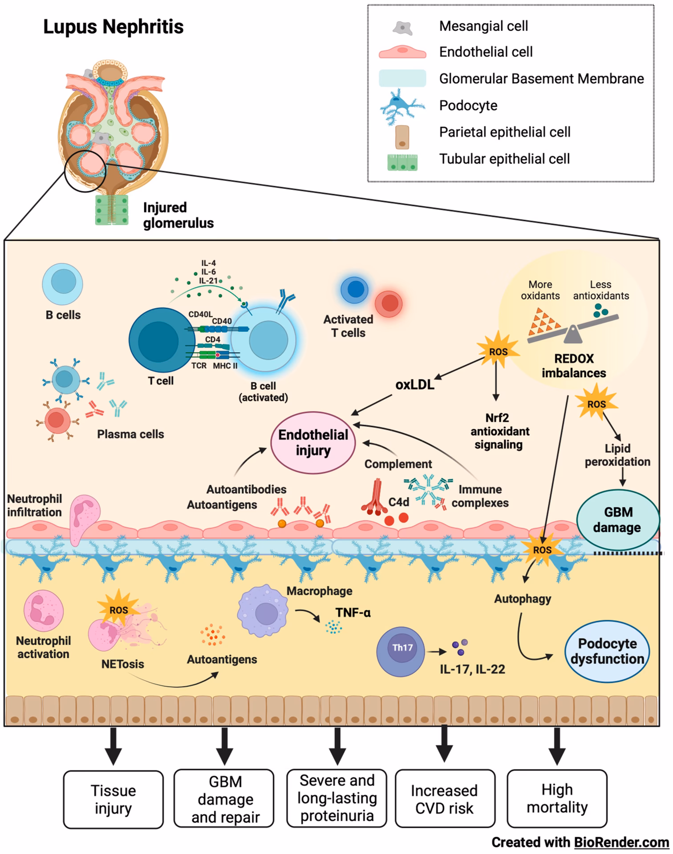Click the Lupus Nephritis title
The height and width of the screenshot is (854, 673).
pyautogui.click(x=113, y=27)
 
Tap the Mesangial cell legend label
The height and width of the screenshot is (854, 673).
pyautogui.click(x=483, y=26)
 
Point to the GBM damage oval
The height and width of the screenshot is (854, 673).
pyautogui.click(x=617, y=520)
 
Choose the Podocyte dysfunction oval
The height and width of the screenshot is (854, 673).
pyautogui.click(x=607, y=651)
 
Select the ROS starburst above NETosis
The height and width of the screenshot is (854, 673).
pyautogui.click(x=118, y=609)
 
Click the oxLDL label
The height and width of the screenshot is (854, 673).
pyautogui.click(x=414, y=385)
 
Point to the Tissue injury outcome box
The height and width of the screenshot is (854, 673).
pyautogui.click(x=113, y=799)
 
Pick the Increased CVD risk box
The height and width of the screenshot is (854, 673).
pyautogui.click(x=444, y=799)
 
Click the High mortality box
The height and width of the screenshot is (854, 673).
pyautogui.click(x=557, y=798)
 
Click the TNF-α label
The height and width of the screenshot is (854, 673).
pyautogui.click(x=353, y=612)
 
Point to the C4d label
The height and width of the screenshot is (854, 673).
pyautogui.click(x=398, y=502)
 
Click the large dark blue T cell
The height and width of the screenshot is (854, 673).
pyautogui.click(x=158, y=340)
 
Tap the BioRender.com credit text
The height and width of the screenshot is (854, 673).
pyautogui.click(x=580, y=842)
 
